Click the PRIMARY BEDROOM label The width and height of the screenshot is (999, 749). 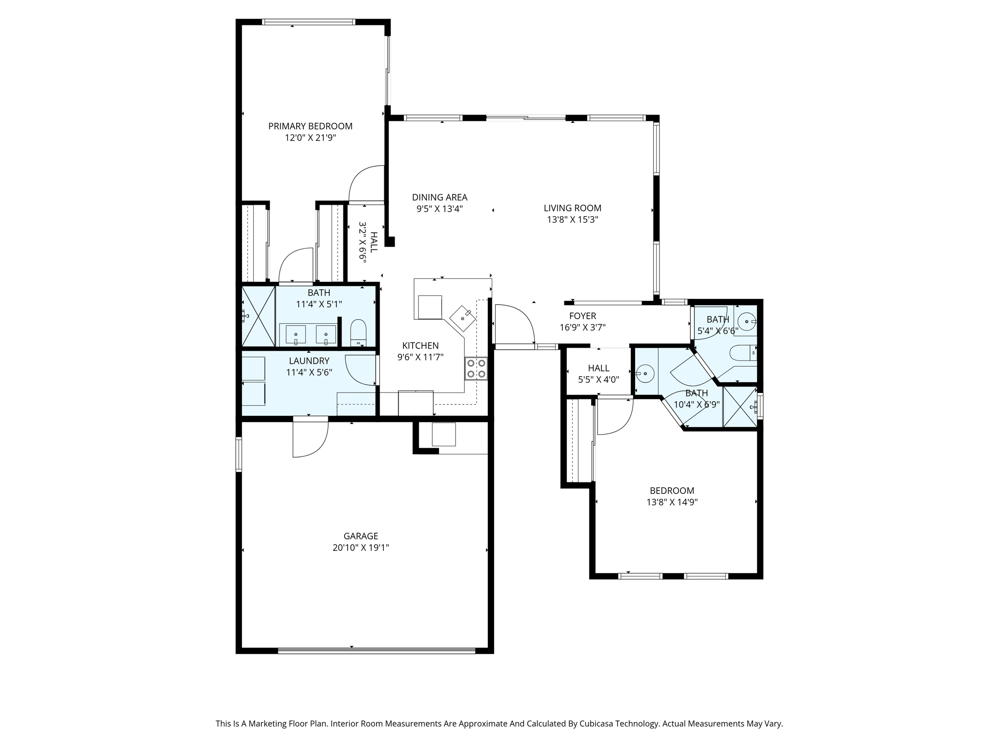point(310,126)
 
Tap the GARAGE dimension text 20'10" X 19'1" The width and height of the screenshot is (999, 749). point(360,548)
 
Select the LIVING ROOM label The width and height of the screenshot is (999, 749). point(572,208)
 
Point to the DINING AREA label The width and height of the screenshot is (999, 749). point(440,197)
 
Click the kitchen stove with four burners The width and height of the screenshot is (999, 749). point(476,368)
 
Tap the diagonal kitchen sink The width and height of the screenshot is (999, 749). point(462,318)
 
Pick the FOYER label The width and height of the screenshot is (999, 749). point(582,316)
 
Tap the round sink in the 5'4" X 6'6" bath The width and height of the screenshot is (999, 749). point(746,322)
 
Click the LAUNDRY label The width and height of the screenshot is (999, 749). point(309,361)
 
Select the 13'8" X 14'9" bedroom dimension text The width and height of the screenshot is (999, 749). point(672,502)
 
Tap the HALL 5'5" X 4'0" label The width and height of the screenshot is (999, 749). point(599,374)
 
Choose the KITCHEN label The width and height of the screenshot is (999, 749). point(420,346)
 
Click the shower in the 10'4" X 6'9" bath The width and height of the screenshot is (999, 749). point(740,408)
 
